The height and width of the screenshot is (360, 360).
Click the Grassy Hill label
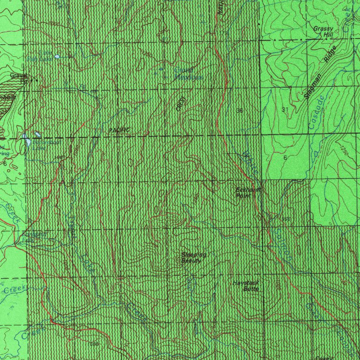click(x=322, y=31)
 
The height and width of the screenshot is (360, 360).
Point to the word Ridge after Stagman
click(x=331, y=55)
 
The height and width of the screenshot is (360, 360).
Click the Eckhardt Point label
click(x=244, y=193)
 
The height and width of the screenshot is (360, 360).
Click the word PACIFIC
click(x=118, y=130)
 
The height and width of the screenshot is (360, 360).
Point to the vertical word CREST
click(x=180, y=104)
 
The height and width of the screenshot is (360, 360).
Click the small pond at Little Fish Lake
click(x=57, y=56)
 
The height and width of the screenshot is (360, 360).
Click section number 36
click(x=240, y=111)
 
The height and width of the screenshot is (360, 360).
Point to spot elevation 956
click(x=286, y=219)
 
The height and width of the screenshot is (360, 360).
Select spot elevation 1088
click(x=60, y=157)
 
